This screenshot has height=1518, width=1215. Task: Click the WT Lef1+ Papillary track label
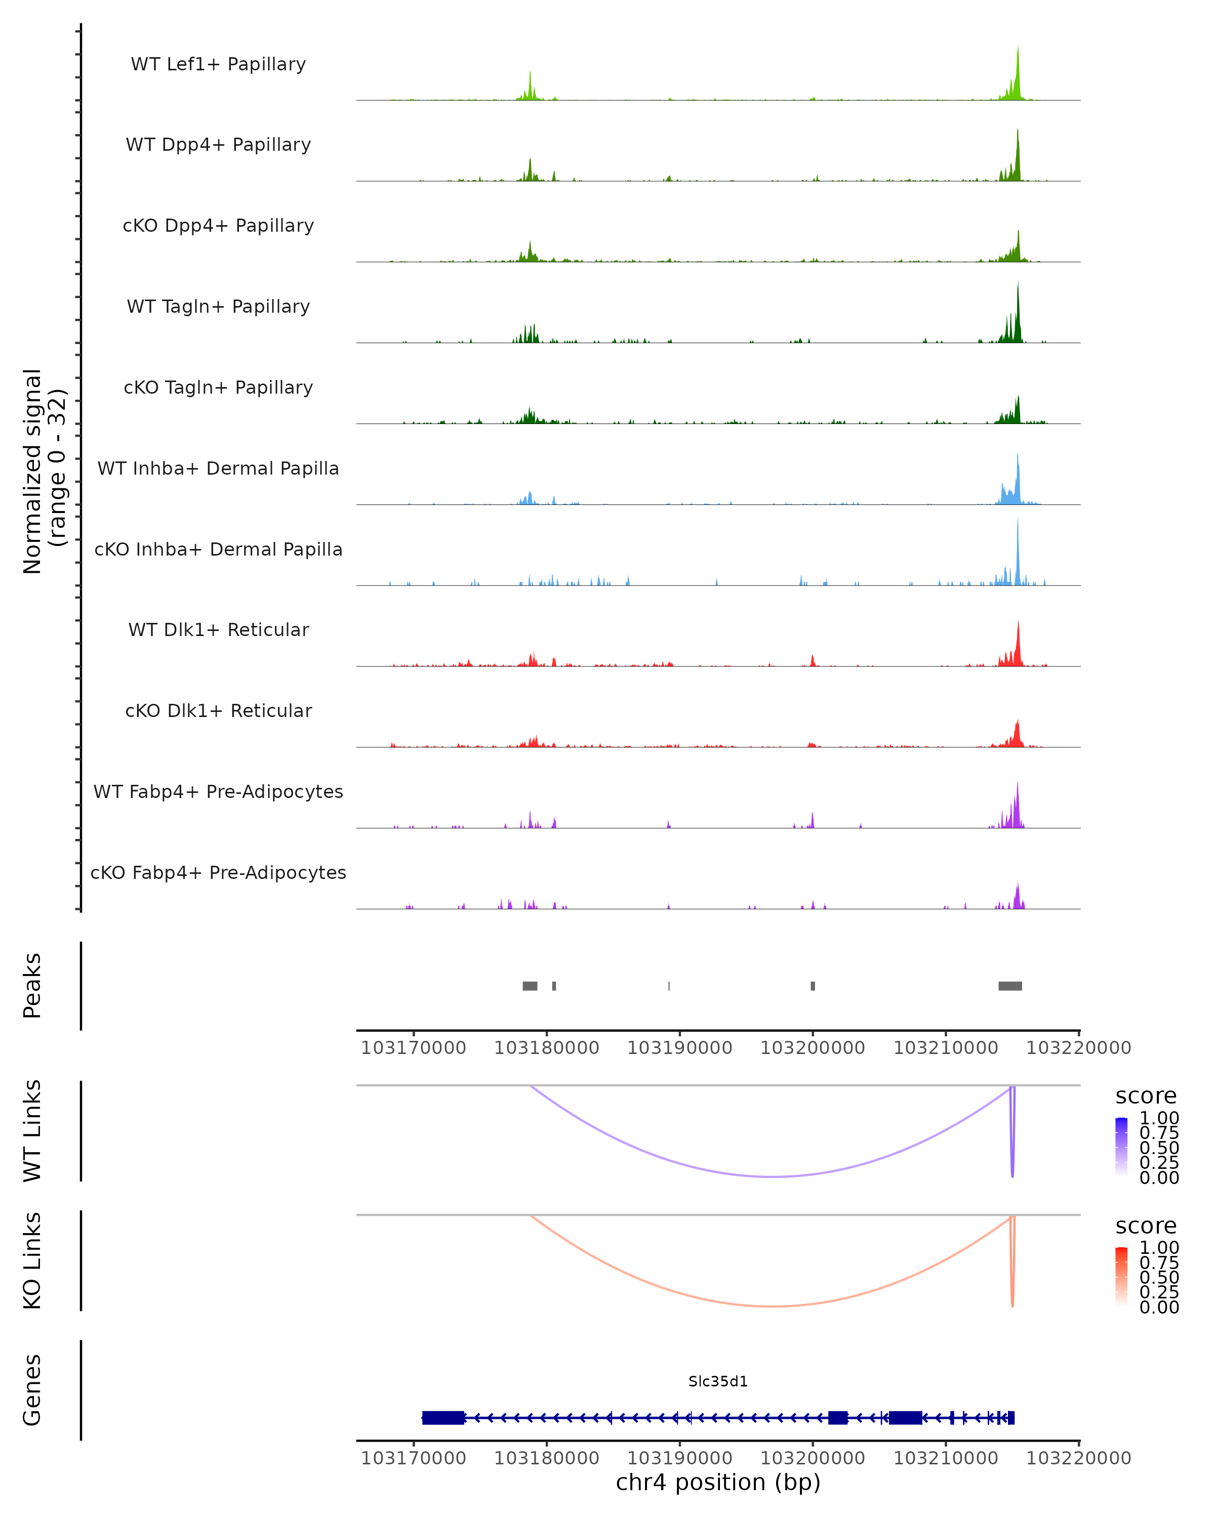pos(218,64)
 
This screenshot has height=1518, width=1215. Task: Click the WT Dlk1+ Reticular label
pos(218,629)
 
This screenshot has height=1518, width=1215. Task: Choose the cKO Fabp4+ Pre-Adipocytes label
pos(218,872)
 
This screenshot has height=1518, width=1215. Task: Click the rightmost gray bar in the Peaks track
pos(1010,986)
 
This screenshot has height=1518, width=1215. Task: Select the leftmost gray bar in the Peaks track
pos(530,986)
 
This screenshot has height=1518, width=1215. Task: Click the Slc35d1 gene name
pos(718,1381)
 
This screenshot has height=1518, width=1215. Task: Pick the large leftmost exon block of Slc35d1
pos(443,1417)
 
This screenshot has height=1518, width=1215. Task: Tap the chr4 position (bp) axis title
pos(718,1482)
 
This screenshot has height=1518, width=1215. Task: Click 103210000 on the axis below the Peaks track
pos(945,1048)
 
